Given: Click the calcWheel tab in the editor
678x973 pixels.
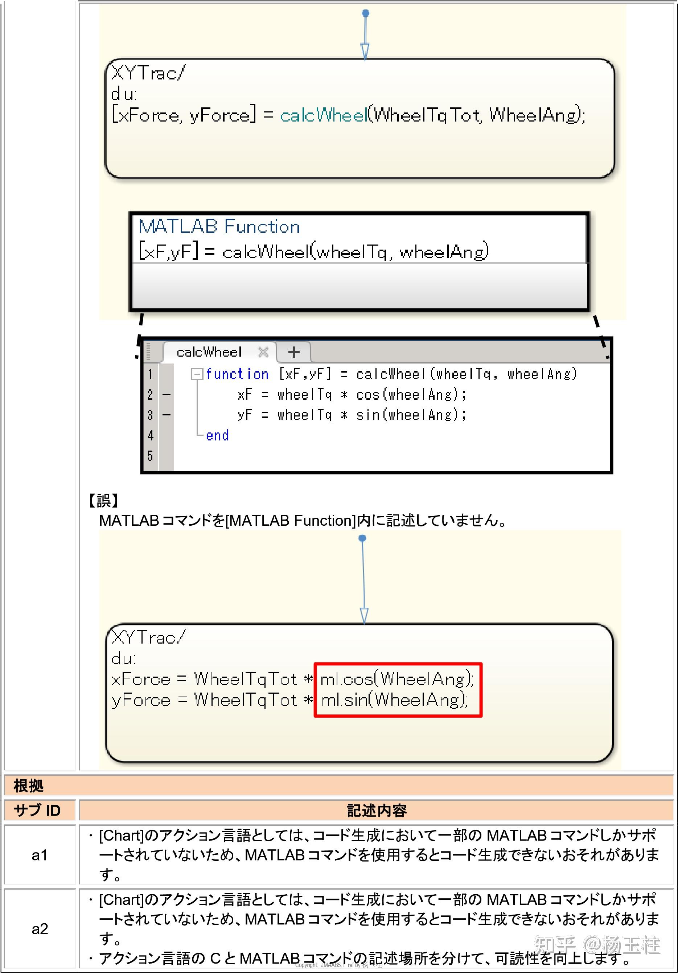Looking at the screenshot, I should pos(209,352).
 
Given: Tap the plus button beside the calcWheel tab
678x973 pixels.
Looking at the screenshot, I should pos(294,352).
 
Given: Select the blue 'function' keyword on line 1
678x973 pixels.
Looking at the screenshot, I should pos(237,374).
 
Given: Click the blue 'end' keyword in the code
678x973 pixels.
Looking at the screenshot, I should pos(217,435).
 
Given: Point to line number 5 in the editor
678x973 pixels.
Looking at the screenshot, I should pos(150,456).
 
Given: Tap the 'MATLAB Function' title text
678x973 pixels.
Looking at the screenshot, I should pos(219,227).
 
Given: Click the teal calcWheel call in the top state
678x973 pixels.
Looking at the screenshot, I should pos(323,115).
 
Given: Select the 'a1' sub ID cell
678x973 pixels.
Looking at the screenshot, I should pos(40,855).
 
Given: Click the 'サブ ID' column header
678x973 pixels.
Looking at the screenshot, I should pos(37,810).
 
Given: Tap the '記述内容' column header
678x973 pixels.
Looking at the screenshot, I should pos(376,810).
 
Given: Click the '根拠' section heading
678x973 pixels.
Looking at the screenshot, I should pos(28,786).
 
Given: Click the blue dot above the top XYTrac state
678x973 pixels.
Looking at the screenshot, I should pos(365,13).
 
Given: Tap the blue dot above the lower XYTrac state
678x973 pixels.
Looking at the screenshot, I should pos(362,538).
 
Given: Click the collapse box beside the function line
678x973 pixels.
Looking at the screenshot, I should pos(196,374).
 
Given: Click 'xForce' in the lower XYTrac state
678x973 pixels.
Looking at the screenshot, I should pos(141,679).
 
